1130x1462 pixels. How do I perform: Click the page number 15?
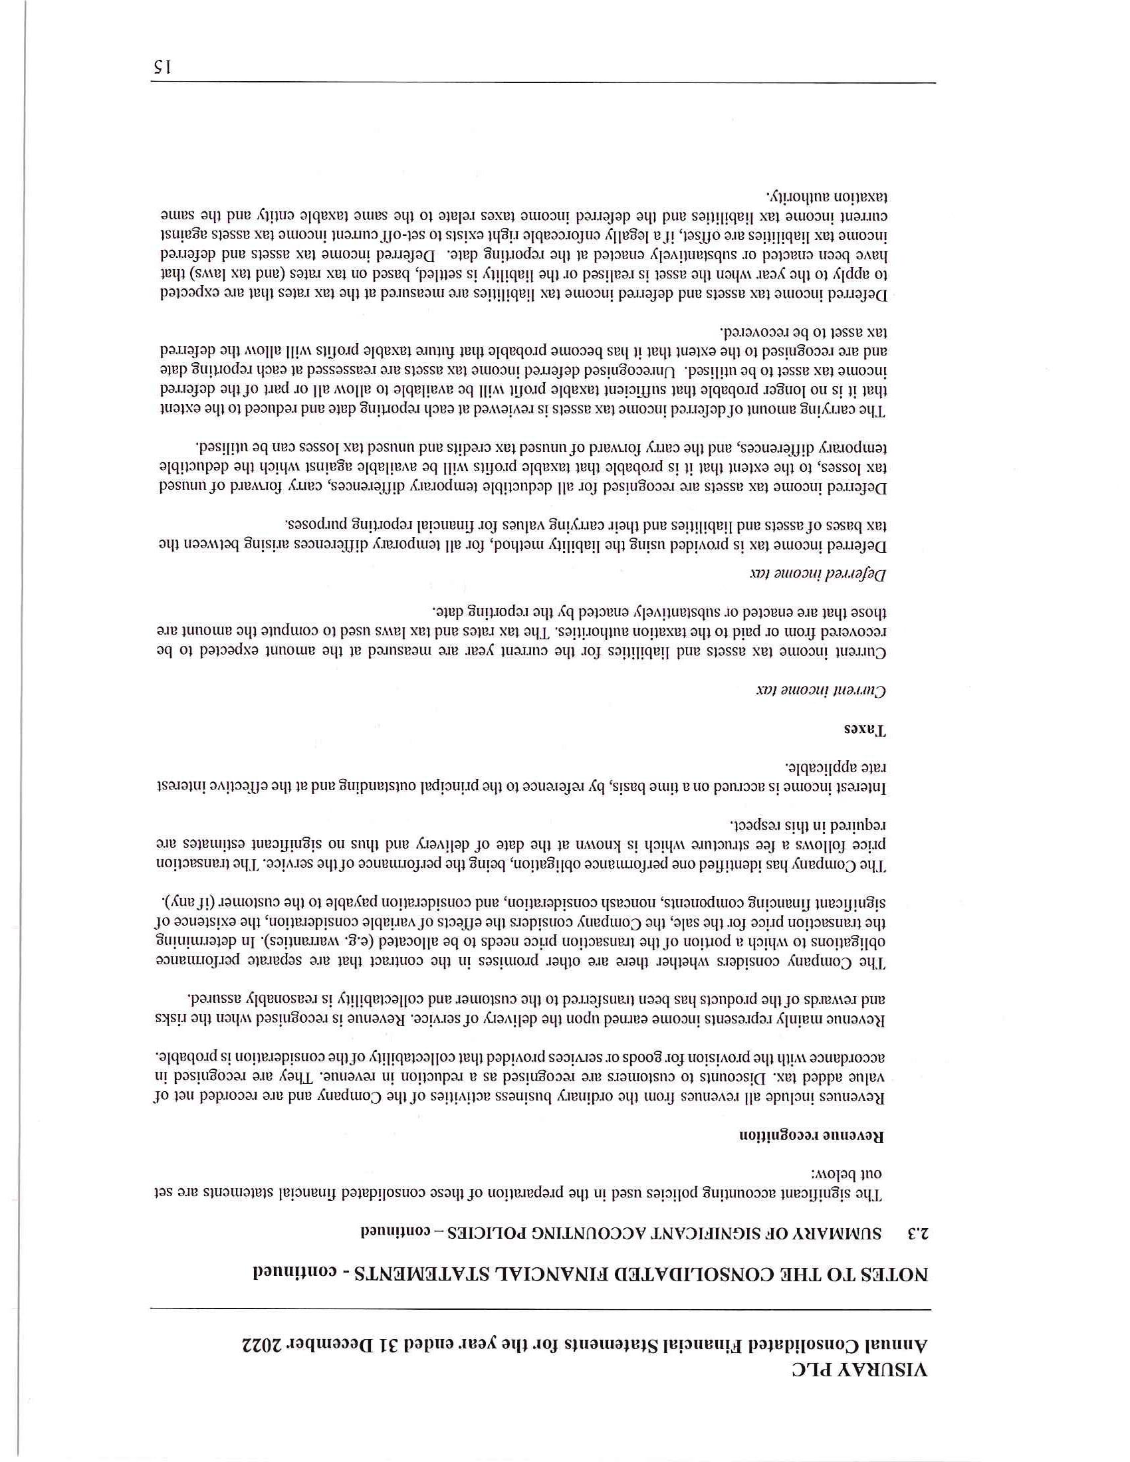[x=163, y=67]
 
